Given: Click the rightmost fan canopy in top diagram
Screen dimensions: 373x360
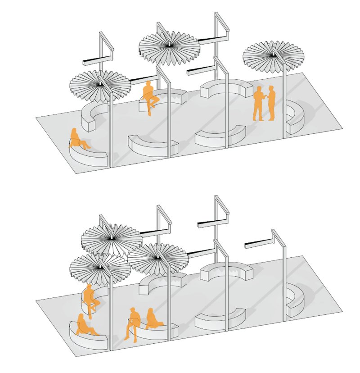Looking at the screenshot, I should [x=273, y=56].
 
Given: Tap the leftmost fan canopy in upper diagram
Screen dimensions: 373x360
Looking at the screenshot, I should [x=99, y=85].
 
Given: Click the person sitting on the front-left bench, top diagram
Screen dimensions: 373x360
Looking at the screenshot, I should [x=77, y=139].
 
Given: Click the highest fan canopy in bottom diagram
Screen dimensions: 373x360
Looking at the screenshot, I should [x=111, y=238].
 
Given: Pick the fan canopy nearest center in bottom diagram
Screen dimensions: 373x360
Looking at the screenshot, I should [x=157, y=258].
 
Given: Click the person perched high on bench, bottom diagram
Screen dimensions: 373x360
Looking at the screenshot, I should [x=91, y=300].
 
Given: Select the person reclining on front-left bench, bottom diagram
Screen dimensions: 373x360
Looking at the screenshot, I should [x=85, y=326].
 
